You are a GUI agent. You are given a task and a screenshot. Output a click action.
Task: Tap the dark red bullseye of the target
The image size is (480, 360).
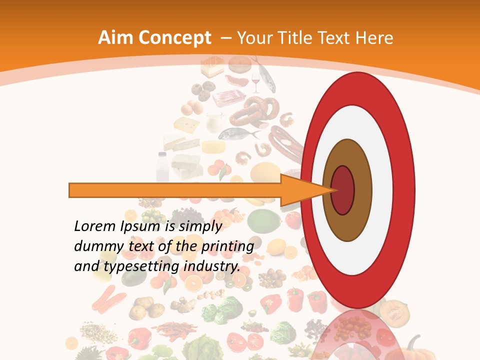click(343, 190)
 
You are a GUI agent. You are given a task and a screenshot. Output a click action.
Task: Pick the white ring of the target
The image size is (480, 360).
click(357, 255)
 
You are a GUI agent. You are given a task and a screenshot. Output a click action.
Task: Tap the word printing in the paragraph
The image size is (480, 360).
click(227, 246)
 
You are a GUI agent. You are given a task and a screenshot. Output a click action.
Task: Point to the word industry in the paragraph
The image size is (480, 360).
click(212, 266)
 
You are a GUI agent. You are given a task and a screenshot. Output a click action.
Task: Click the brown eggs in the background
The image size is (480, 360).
click(189, 107)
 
